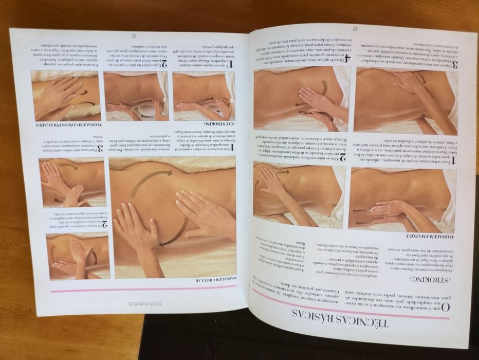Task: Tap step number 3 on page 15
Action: click(x=101, y=148)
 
